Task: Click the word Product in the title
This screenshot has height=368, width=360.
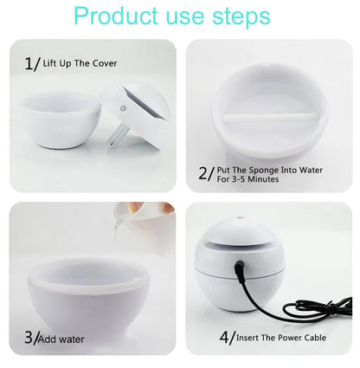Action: (114, 16)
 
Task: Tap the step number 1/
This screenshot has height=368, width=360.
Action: (32, 63)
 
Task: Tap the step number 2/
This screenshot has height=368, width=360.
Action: (205, 173)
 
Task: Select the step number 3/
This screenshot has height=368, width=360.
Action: (32, 338)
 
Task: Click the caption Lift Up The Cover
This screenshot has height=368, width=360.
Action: (80, 63)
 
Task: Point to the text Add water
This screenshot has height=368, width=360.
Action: (63, 339)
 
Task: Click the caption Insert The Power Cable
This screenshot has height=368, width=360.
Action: (281, 337)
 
